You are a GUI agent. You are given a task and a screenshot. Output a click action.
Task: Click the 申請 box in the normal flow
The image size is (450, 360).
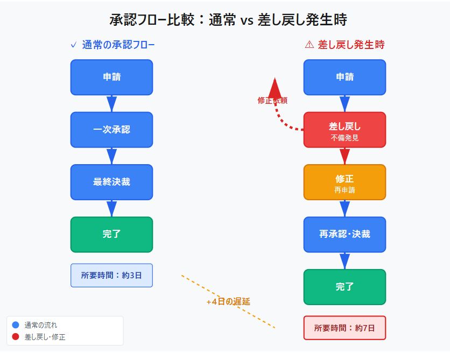click(111, 77)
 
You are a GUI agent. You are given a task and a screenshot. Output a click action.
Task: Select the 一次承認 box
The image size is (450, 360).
click(111, 130)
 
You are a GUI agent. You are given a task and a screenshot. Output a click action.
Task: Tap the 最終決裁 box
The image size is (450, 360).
click(111, 182)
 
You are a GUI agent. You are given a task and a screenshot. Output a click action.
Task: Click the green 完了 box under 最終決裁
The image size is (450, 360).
click(111, 234)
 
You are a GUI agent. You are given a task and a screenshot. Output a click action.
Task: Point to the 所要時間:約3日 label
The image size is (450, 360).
click(111, 275)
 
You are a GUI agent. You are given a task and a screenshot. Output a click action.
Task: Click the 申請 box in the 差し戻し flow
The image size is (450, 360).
click(344, 77)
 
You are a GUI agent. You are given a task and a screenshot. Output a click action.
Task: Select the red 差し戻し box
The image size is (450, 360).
click(344, 130)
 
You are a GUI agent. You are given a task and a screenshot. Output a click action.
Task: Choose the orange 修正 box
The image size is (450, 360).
click(344, 182)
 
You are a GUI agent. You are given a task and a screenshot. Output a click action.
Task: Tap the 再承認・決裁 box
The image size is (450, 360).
click(344, 234)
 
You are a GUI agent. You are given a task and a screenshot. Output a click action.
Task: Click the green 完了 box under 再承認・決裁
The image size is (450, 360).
click(344, 287)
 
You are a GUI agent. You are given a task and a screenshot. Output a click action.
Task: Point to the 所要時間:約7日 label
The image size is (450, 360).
click(344, 328)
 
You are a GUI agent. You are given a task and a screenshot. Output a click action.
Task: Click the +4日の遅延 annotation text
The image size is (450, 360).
click(228, 302)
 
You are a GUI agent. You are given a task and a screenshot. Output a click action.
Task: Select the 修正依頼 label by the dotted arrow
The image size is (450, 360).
click(272, 101)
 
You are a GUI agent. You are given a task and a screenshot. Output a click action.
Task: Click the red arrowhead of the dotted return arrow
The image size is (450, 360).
click(275, 87)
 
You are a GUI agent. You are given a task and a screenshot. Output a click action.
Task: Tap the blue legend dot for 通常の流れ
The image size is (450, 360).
click(15, 325)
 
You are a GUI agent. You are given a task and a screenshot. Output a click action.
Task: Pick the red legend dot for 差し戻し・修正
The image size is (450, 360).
click(15, 337)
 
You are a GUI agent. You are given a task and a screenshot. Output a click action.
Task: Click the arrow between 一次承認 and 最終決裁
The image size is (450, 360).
click(111, 156)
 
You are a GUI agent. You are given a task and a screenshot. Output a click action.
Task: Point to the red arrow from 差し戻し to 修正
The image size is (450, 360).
click(344, 156)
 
